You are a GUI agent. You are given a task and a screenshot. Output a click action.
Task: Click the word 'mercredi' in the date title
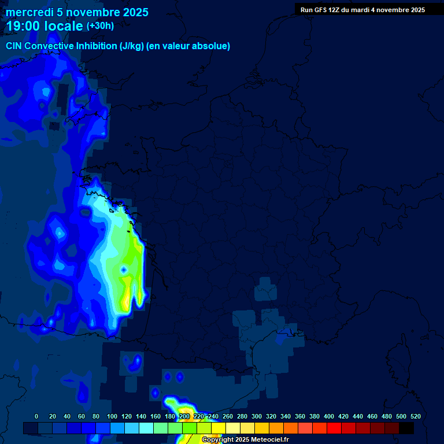[x=28, y=12]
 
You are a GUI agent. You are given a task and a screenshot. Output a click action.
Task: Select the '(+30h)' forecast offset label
[x=100, y=25]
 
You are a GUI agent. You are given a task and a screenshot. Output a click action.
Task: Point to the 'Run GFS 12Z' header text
[x=324, y=10]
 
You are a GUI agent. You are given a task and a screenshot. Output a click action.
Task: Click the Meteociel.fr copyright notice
[x=245, y=440]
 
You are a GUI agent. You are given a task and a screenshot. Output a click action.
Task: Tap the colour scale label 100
[x=112, y=416]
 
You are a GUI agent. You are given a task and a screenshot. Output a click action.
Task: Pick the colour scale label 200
[x=184, y=416]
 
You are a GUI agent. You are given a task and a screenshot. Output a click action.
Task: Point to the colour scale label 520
[x=415, y=416]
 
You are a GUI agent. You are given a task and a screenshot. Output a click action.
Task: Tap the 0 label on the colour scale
[x=36, y=416]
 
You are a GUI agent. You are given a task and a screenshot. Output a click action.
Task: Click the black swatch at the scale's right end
[x=406, y=428]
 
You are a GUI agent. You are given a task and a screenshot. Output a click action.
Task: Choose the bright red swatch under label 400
[x=334, y=428]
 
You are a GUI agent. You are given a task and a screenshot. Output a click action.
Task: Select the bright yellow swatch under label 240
[x=219, y=428]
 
